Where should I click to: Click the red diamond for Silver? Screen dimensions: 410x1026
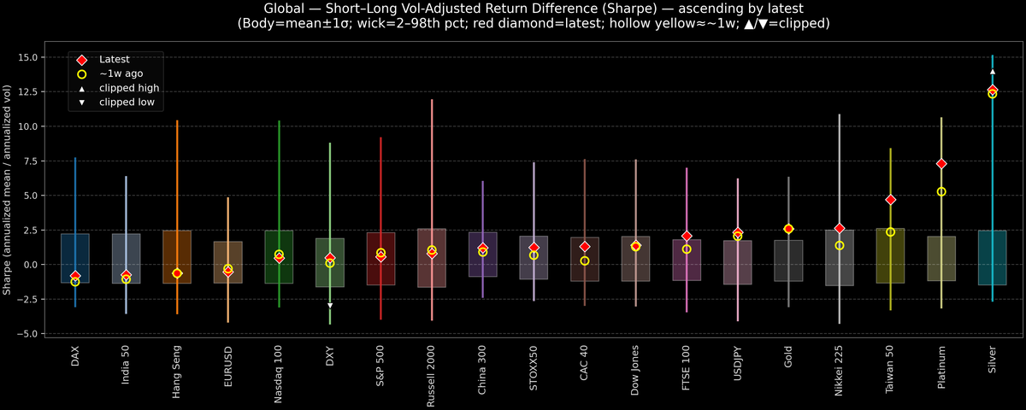click(x=992, y=90)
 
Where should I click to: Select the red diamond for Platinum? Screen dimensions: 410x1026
click(x=941, y=163)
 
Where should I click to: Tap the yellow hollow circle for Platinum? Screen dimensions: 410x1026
click(x=941, y=191)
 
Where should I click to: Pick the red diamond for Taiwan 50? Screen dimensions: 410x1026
click(x=890, y=199)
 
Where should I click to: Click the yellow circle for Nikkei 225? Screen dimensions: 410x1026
click(x=840, y=245)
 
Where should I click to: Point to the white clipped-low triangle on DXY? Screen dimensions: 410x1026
click(x=330, y=305)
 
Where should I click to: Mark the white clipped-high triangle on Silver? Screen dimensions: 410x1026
click(x=992, y=73)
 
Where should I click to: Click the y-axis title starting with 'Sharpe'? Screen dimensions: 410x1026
click(x=8, y=190)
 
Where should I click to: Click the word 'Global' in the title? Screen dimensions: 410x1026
click(x=274, y=9)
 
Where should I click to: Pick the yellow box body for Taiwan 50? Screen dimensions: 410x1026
click(x=890, y=256)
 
